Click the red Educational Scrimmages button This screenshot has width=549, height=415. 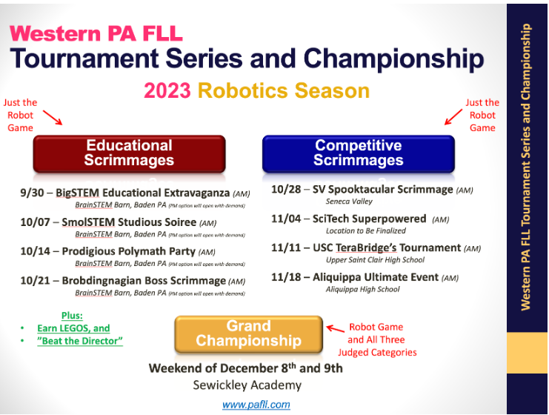pyautogui.click(x=129, y=153)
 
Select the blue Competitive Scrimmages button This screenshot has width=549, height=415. pyautogui.click(x=358, y=153)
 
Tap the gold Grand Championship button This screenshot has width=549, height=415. pyautogui.click(x=249, y=333)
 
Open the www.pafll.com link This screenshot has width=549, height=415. pyautogui.click(x=256, y=405)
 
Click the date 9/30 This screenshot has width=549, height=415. pyautogui.click(x=32, y=193)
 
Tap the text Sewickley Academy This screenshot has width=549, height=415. pyautogui.click(x=247, y=385)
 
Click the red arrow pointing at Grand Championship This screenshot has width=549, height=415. pyautogui.click(x=336, y=329)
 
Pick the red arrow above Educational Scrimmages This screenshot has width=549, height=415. pyautogui.click(x=53, y=117)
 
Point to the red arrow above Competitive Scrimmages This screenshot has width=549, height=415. pyautogui.click(x=453, y=116)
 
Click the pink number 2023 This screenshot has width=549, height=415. pyautogui.click(x=167, y=90)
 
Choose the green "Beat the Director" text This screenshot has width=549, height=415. pyautogui.click(x=80, y=341)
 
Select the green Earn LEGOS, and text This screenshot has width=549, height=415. pyautogui.click(x=73, y=328)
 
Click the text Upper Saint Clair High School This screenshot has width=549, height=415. pyautogui.click(x=375, y=260)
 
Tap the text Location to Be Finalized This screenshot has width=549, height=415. pyautogui.click(x=366, y=230)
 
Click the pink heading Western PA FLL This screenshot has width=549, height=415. pyautogui.click(x=96, y=33)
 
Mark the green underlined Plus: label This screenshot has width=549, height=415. pyautogui.click(x=72, y=316)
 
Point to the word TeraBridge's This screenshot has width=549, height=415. pyautogui.click(x=366, y=248)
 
